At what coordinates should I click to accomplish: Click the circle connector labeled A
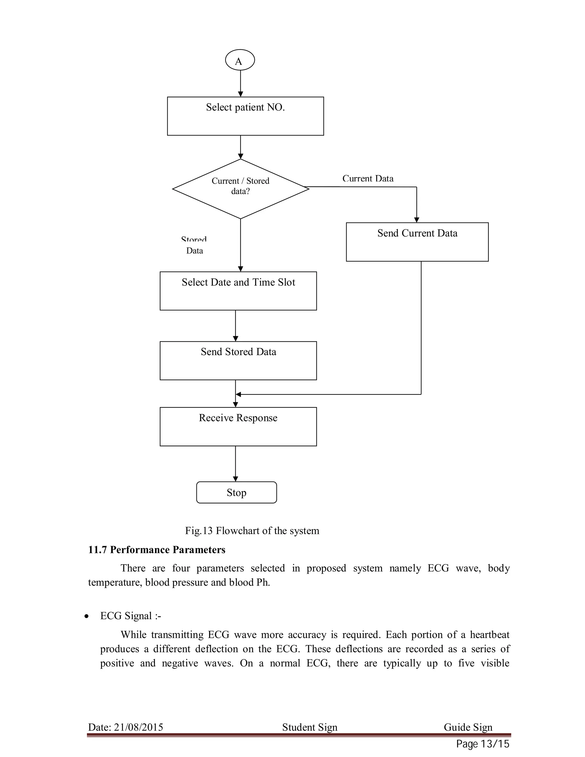coord(240,60)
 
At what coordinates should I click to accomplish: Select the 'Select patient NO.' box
coord(245,116)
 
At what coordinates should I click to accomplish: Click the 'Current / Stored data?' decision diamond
coord(241,189)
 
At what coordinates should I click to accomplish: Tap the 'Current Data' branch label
coord(368,179)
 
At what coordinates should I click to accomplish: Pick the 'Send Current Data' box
coord(417,242)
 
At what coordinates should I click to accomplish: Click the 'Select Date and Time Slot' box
coord(238,291)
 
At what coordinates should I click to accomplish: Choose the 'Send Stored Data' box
coord(238,361)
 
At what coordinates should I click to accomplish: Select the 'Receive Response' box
coord(238,426)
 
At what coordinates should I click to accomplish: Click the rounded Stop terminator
coord(236,492)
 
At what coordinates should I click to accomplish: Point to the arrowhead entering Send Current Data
coord(416,220)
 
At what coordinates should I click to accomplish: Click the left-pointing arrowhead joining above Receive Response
coord(239,394)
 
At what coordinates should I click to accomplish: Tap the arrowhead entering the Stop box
coord(235,479)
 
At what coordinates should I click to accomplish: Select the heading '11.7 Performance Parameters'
coord(157,550)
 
